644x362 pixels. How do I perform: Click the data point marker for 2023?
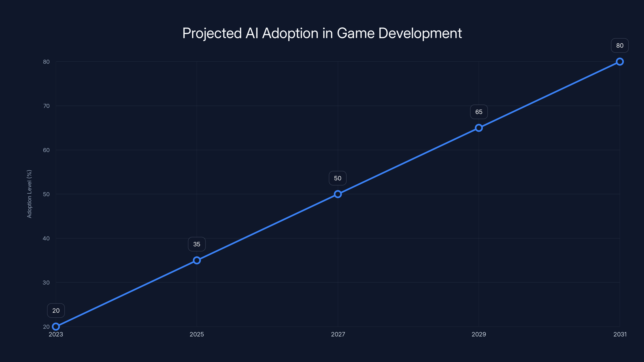tap(56, 327)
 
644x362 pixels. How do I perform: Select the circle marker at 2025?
tap(197, 260)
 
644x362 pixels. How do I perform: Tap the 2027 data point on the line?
tap(338, 194)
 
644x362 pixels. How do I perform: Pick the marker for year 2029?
tap(479, 128)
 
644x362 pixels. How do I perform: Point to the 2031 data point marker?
tap(620, 62)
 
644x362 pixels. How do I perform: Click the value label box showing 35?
tap(197, 244)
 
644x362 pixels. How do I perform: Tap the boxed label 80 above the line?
tap(620, 45)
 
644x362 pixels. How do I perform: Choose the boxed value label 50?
tap(338, 178)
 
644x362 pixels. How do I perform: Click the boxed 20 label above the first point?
tap(56, 311)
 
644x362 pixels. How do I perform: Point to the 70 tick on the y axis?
tap(46, 106)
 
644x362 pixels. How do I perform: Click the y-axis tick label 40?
tap(46, 238)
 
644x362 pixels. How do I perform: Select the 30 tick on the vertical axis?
tap(46, 283)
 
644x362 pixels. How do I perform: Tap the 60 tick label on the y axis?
tap(46, 150)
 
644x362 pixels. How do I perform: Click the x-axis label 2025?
tap(197, 334)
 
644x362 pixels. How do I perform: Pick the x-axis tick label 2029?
tap(479, 334)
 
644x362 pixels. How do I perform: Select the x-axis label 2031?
tap(620, 334)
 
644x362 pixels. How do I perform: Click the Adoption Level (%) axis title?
tap(29, 194)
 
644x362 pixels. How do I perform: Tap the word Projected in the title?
tap(212, 33)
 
